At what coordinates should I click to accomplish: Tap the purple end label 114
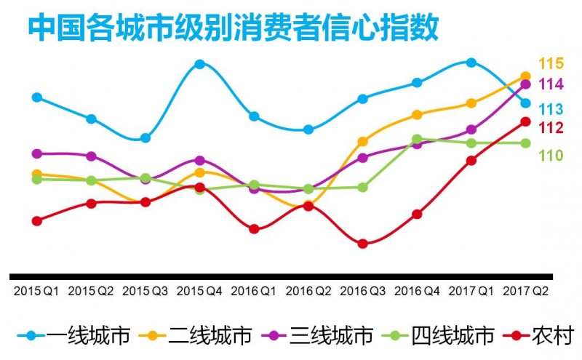(x=551, y=84)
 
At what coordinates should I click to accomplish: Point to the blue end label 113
(x=551, y=110)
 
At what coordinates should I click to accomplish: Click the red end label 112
(x=551, y=128)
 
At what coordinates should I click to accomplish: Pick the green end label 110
(x=551, y=155)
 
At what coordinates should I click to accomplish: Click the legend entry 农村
(x=552, y=335)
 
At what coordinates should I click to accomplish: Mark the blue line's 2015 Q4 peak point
(x=199, y=64)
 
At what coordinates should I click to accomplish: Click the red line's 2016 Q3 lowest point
(x=362, y=244)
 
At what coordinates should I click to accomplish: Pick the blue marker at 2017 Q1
(x=471, y=63)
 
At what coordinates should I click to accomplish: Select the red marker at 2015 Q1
(x=37, y=220)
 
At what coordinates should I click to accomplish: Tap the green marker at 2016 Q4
(x=417, y=139)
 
